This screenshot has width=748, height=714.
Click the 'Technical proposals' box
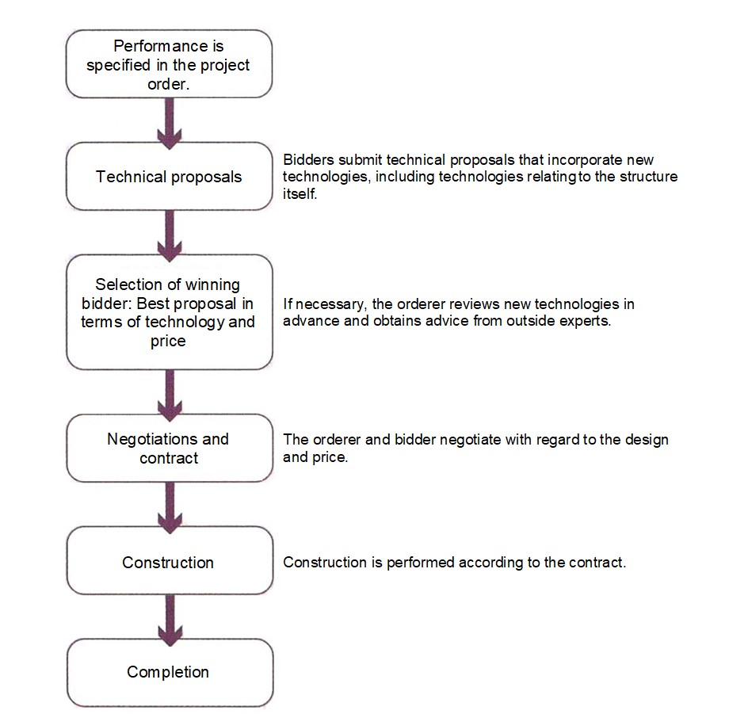tap(170, 176)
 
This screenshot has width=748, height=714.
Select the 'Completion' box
tap(170, 673)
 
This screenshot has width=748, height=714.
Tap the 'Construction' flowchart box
tap(170, 560)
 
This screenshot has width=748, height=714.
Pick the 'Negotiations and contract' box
tap(170, 448)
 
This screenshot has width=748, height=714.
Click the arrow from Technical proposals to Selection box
tap(170, 236)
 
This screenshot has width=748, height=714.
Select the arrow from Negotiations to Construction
tap(170, 507)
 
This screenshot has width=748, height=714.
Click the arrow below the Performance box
tap(170, 124)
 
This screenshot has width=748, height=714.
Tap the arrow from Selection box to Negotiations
tap(170, 395)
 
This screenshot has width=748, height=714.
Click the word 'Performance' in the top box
tap(161, 46)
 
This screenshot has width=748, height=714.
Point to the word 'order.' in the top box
tap(169, 84)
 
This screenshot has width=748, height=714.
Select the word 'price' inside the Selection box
tap(168, 342)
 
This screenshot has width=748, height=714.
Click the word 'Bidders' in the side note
tap(308, 159)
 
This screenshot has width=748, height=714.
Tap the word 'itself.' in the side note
tap(300, 193)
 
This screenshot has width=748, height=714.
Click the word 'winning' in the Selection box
tap(212, 284)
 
